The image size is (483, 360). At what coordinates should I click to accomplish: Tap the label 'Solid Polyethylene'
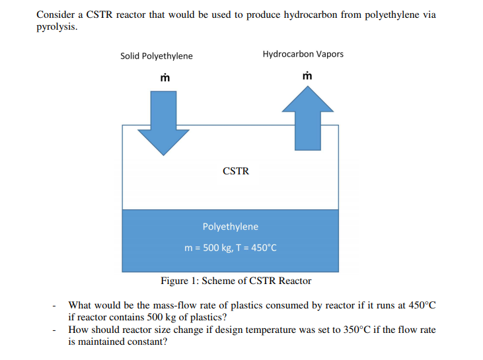point(157,56)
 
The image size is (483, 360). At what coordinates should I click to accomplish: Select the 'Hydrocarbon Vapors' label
point(303,54)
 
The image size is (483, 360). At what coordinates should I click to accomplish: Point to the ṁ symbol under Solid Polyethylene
point(165,78)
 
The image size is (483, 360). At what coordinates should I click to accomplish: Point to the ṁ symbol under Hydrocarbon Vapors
point(307,76)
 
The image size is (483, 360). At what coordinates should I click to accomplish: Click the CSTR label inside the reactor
point(236,171)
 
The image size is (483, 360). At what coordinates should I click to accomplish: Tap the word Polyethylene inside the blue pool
point(231,227)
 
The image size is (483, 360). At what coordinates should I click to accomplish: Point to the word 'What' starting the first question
point(80,305)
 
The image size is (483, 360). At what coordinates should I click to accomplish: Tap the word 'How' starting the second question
point(79,330)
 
